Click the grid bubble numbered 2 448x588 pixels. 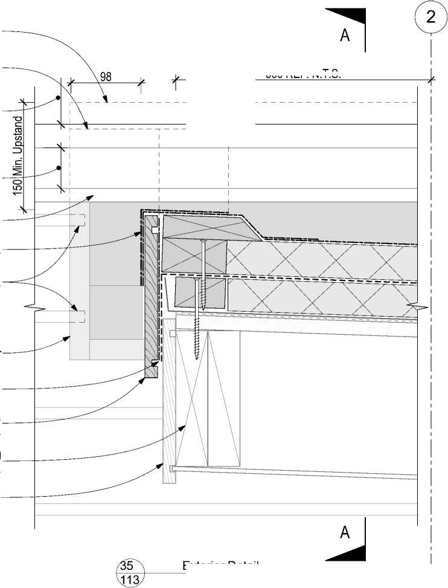(430, 16)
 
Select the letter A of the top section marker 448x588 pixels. (345, 35)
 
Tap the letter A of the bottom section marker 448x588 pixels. (345, 532)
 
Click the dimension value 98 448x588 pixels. (106, 77)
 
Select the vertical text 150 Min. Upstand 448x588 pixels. (18, 154)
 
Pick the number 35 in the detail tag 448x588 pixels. (127, 566)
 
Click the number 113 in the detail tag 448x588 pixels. (130, 580)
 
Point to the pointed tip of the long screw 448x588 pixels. (197, 358)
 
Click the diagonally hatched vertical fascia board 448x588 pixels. (151, 296)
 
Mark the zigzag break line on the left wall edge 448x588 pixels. (35, 309)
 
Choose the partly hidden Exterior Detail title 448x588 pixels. (220, 566)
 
